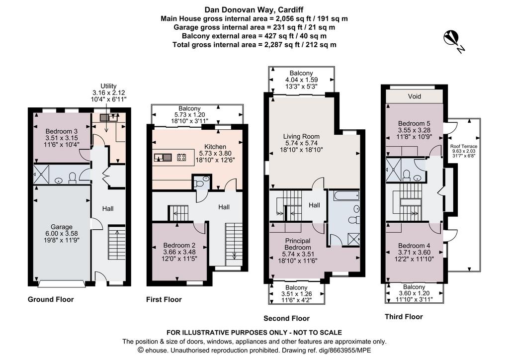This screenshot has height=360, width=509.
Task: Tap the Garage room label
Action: (x=62, y=233)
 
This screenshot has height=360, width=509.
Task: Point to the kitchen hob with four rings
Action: (x=181, y=158)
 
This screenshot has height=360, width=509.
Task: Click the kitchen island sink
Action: (x=163, y=158)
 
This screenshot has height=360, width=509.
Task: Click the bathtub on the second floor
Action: (x=344, y=195)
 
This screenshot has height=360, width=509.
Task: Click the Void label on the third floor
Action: (x=415, y=96)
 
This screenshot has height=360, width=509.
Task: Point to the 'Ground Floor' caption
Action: (x=51, y=299)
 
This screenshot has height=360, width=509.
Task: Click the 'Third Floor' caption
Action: (x=404, y=317)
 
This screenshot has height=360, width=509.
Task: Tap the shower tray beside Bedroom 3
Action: (x=41, y=175)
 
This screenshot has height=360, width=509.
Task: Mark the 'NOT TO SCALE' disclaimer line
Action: (x=254, y=333)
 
